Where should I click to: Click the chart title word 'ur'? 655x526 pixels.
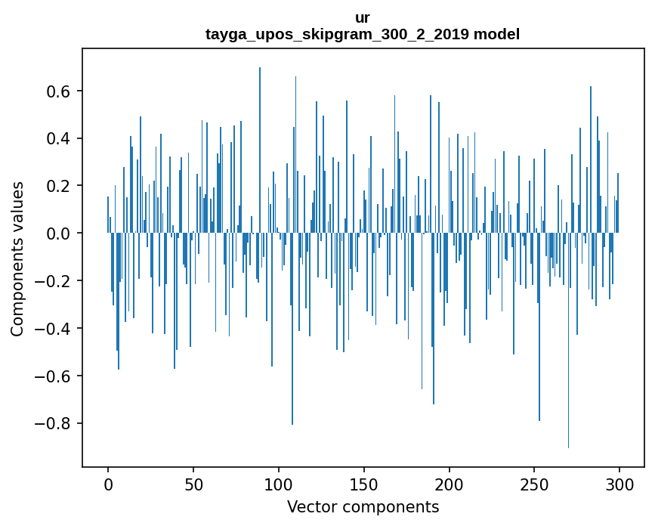(363, 17)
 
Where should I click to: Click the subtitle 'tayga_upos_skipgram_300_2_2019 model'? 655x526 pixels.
(363, 34)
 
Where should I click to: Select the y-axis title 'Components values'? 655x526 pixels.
(17, 258)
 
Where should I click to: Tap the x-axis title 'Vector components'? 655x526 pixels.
(363, 506)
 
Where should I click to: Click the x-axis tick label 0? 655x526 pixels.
(108, 483)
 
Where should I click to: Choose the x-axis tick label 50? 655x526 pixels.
(193, 483)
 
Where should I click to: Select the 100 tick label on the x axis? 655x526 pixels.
(279, 483)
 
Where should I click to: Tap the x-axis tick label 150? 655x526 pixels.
(364, 483)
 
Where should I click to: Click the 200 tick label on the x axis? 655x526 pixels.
(450, 483)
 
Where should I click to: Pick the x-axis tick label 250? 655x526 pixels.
(534, 483)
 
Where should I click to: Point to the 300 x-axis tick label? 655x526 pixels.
(619, 483)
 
